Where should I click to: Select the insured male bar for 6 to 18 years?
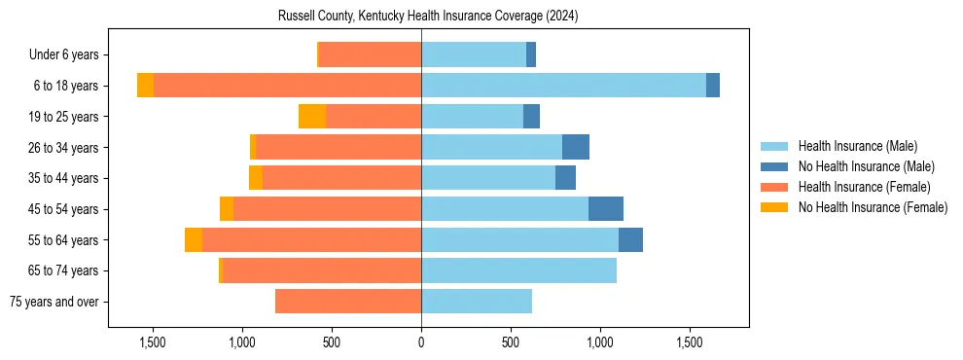pos(563,86)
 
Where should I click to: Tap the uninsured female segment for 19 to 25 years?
pos(312,117)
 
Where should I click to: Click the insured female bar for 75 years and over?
pos(348,302)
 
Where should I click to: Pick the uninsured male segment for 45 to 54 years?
pos(606,209)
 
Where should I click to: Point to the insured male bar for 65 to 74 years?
pos(518,270)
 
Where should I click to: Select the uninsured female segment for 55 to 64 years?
pos(194,240)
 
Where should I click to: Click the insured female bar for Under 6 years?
pos(370,54)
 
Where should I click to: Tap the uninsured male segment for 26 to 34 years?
pos(576,147)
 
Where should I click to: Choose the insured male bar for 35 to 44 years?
pos(488,178)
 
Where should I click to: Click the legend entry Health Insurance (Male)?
pos(857,146)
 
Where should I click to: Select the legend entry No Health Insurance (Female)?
pos(873,207)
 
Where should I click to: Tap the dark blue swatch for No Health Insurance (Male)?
pos(775,166)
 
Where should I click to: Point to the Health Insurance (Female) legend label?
pos(864,187)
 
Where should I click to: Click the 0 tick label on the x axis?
pos(421,342)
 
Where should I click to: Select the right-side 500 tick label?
pos(511,342)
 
